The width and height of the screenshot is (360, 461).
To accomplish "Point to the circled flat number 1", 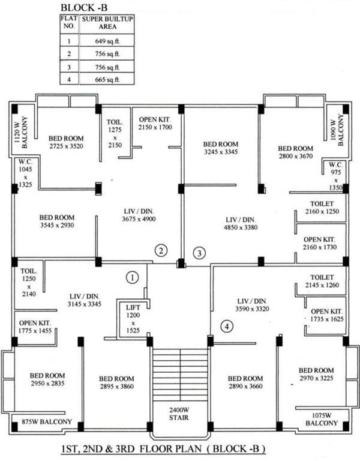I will [133, 277].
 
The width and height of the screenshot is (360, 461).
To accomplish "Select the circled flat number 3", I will [199, 253].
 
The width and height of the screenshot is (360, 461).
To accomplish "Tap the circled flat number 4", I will [226, 327].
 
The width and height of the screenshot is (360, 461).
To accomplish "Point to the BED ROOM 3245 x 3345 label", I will [220, 148].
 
